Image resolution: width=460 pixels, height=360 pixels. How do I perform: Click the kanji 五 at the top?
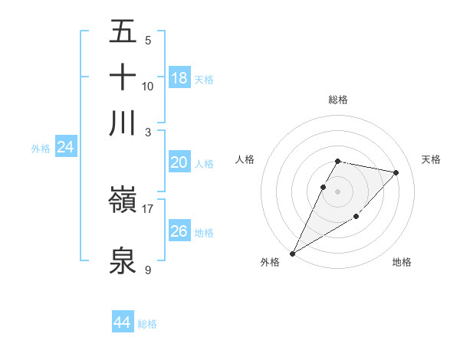(123, 32)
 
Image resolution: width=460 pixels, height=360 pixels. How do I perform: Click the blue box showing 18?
(179, 78)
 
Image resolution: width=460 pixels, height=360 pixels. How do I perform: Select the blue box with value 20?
(179, 162)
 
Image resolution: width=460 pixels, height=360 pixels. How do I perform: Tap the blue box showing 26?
(179, 231)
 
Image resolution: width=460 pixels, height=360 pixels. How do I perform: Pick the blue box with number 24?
(65, 148)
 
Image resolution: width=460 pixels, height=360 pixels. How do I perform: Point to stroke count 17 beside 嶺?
(148, 208)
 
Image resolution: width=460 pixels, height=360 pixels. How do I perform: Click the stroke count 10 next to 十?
(148, 86)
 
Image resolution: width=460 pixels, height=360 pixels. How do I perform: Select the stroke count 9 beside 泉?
(148, 269)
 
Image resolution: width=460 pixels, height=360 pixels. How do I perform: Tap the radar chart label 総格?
(337, 100)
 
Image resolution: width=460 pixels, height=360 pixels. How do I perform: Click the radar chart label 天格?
(432, 159)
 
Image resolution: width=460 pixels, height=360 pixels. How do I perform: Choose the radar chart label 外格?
(270, 263)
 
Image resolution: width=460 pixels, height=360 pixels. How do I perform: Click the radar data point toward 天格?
(396, 173)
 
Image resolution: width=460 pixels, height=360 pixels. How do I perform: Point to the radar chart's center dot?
(337, 191)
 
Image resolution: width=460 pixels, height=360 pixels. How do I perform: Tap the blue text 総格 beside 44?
(147, 324)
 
